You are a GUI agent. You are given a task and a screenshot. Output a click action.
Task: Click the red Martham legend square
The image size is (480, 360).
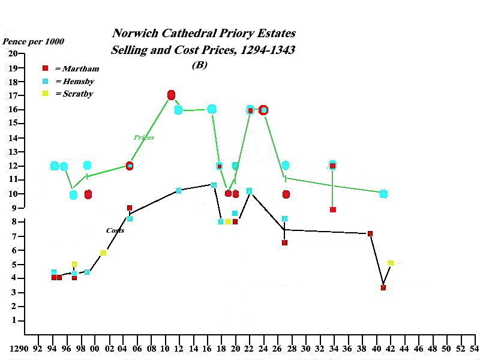[45, 68]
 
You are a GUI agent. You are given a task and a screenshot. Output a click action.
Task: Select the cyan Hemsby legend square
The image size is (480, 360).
[45, 81]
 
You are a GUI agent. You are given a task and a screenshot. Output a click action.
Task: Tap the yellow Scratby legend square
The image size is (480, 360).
[45, 94]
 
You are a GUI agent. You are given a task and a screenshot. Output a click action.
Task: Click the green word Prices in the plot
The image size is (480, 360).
[143, 137]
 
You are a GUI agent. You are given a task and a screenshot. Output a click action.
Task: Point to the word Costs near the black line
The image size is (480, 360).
[115, 230]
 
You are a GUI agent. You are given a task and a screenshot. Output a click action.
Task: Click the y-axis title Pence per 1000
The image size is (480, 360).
[34, 42]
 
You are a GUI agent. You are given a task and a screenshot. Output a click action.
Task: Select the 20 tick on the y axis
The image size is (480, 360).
[14, 53]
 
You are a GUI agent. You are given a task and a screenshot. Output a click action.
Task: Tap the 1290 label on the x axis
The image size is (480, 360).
[19, 348]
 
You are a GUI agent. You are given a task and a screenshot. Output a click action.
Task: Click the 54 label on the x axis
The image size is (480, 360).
[475, 348]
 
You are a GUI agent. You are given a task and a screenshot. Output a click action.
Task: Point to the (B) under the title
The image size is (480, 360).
[199, 65]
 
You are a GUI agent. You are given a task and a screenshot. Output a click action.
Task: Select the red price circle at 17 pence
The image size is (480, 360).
[171, 95]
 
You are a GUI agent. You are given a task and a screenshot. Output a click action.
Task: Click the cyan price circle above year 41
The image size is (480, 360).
[383, 194]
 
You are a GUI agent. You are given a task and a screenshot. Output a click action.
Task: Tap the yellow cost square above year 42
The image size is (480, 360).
[391, 263]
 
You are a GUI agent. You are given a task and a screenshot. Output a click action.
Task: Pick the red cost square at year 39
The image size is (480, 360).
[370, 233]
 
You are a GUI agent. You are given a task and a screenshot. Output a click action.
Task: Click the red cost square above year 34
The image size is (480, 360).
[332, 209]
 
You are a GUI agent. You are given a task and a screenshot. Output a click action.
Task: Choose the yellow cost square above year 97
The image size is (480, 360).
[74, 264]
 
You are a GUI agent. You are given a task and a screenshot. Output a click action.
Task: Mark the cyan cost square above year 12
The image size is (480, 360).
[178, 191]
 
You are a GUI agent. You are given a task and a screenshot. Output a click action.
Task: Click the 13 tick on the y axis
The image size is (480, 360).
[14, 151]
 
